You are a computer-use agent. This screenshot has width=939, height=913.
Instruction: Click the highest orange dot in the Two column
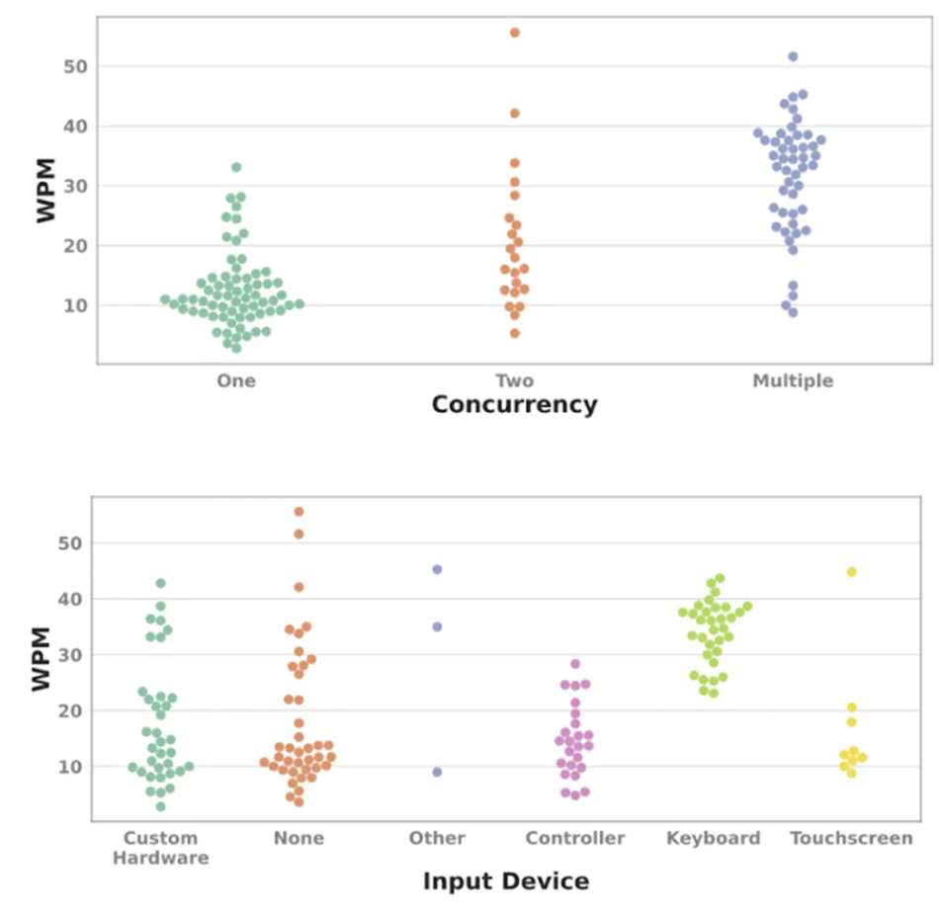tap(514, 33)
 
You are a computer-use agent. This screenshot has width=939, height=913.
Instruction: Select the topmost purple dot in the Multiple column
tap(793, 57)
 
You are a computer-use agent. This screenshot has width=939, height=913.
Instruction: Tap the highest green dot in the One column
tap(236, 168)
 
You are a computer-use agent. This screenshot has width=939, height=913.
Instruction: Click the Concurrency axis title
tap(514, 404)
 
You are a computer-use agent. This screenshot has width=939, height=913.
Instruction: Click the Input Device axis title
tap(506, 880)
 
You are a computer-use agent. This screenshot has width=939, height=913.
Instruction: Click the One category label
tap(236, 380)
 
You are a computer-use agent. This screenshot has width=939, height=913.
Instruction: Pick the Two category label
tap(514, 380)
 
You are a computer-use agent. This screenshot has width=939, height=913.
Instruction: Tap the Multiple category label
tap(793, 380)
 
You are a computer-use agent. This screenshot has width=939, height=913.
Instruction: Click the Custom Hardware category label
tap(160, 848)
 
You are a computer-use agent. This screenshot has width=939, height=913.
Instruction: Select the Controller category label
tap(575, 838)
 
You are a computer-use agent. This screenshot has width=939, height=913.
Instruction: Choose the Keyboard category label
tap(714, 838)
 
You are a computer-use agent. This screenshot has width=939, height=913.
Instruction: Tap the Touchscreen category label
tap(851, 838)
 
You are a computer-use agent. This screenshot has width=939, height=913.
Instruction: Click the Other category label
tap(437, 838)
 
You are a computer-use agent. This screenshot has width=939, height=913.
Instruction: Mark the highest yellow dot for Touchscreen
tap(851, 572)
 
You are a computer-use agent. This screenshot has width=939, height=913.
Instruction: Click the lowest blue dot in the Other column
tap(437, 772)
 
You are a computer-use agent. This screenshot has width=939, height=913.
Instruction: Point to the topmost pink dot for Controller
tap(575, 664)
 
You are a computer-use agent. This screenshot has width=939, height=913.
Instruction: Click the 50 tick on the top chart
tap(77, 66)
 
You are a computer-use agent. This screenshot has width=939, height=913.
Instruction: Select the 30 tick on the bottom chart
tap(77, 654)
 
